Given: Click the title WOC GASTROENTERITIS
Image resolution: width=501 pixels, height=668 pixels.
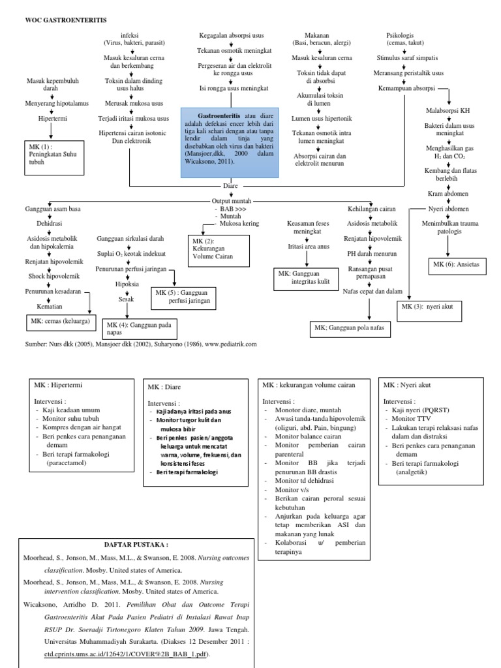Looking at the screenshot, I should coord(57,21).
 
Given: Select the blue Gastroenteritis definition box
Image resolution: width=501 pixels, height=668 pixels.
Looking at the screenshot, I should coord(230,144).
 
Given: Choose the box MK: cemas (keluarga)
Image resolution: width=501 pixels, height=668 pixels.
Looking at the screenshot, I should coord(59,322).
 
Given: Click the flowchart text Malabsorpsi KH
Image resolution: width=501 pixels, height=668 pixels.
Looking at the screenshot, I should coord(448,111).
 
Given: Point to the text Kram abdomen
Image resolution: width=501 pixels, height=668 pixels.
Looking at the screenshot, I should coord(448,194).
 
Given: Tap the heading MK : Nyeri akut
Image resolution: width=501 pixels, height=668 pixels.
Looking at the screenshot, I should coord(412,386).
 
